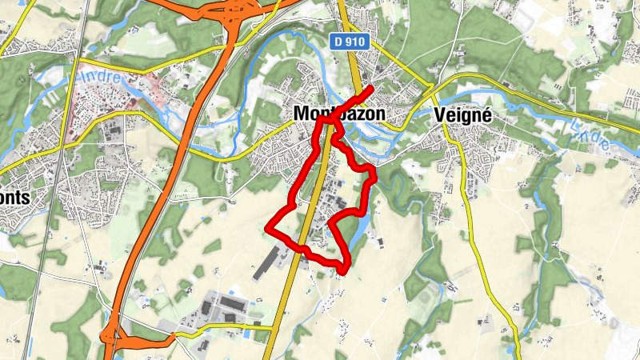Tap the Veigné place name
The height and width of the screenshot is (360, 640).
462,114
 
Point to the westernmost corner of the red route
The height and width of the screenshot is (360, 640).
267,230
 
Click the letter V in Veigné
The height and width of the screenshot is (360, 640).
439,114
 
